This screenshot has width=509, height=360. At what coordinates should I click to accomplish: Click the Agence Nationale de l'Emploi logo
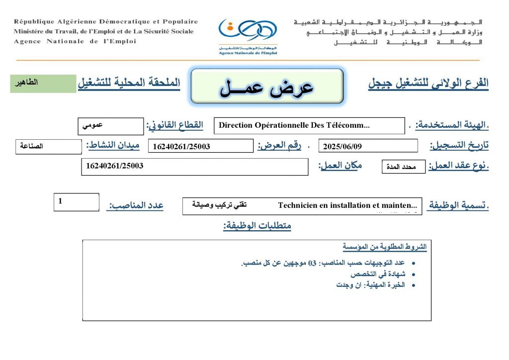coord(248,35)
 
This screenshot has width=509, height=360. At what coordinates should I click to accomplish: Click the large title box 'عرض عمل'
coord(267,87)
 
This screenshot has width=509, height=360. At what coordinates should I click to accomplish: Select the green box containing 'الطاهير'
coord(43,84)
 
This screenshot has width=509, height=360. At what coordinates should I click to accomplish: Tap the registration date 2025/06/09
coord(368,146)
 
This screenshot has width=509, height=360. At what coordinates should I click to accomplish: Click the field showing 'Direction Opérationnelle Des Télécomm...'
coord(309,126)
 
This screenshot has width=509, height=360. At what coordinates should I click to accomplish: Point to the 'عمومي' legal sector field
coord(111,126)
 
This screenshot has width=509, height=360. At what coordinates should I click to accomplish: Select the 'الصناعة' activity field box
coord(49,147)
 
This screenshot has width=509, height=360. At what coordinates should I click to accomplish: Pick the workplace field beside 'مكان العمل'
coord(194,166)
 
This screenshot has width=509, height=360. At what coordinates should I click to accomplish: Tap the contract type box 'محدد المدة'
coord(403,167)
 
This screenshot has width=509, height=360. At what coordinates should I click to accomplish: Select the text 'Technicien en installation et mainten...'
coord(348,205)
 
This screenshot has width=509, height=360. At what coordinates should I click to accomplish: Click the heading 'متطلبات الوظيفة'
coord(257,226)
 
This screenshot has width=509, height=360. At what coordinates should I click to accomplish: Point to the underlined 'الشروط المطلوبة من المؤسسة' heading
coord(384,247)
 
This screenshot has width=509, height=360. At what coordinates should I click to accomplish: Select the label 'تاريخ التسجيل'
coord(459,146)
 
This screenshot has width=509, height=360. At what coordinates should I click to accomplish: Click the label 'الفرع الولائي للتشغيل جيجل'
coord(428,84)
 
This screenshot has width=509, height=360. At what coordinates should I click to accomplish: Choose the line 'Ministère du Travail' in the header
coord(104,31)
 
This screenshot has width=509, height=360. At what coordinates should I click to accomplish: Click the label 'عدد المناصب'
coord(135,205)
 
